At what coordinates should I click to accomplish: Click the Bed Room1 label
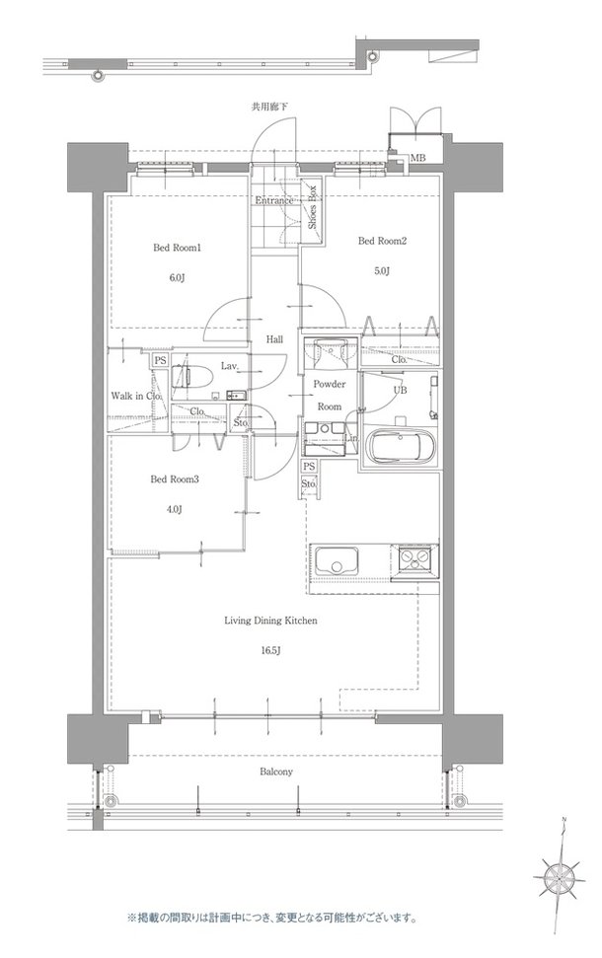tap(177, 248)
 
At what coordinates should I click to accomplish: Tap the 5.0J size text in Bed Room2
tap(382, 270)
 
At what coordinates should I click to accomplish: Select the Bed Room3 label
tap(175, 479)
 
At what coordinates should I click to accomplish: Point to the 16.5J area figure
tap(270, 649)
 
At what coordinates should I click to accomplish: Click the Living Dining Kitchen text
tap(270, 621)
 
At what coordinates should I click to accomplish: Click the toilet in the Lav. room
tap(187, 374)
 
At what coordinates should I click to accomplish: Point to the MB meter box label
tap(418, 159)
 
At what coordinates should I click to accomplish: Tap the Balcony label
tap(276, 773)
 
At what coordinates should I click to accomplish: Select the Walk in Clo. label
tap(136, 396)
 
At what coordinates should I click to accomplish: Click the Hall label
tap(274, 339)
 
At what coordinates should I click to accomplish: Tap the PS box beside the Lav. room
tap(160, 360)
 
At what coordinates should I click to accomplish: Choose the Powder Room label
tap(330, 396)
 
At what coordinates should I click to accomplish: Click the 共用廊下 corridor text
tap(270, 107)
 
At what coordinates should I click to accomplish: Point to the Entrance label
tap(273, 200)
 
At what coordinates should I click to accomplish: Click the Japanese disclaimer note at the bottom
tap(272, 918)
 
